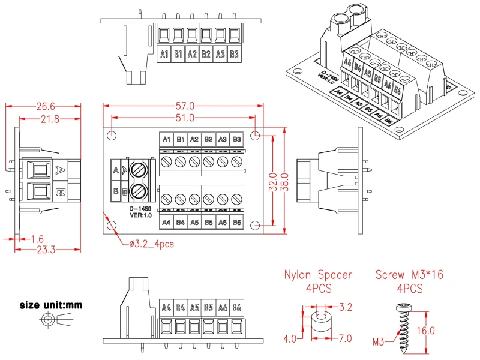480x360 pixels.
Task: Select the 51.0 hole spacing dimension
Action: [185, 118]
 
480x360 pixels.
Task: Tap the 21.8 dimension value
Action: [49, 119]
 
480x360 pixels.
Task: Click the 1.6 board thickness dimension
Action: [37, 239]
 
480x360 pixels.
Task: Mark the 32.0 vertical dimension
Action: [274, 179]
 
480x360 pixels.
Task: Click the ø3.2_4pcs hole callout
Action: [151, 244]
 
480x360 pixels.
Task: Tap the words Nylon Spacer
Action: [318, 275]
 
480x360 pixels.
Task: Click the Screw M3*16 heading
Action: [410, 275]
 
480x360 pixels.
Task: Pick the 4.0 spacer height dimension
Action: [289, 338]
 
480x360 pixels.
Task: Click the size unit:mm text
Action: [51, 305]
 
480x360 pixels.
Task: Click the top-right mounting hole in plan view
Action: [256, 134]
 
